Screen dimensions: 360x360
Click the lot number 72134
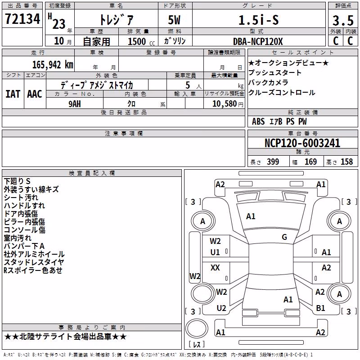(x=22, y=18)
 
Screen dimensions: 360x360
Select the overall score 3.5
(x=343, y=20)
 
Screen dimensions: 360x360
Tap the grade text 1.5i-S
(x=259, y=20)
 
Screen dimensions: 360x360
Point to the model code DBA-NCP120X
(x=258, y=41)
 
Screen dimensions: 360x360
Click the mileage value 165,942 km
(x=53, y=65)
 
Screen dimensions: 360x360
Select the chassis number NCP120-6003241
(x=302, y=143)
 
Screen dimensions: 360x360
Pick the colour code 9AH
(x=75, y=104)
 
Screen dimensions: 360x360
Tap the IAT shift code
(x=13, y=94)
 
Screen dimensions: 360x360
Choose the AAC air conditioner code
(x=35, y=94)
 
